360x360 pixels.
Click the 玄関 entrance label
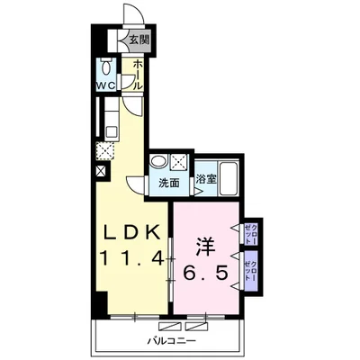coord(139,40)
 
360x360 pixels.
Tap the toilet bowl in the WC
coord(106,67)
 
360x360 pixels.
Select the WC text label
coord(105,85)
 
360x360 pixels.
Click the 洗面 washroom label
coord(169,183)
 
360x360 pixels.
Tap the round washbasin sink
coord(159,161)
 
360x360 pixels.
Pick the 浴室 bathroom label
coord(206,179)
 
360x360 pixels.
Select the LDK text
coord(131,232)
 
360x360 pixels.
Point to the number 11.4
coord(132,258)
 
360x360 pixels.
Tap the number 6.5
coord(206,273)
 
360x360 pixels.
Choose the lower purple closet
coord(251,271)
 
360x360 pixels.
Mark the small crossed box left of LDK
coord(101,171)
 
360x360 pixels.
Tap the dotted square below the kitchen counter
coord(105,151)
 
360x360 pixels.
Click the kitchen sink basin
coord(112,131)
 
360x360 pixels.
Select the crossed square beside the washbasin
coord(179,162)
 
